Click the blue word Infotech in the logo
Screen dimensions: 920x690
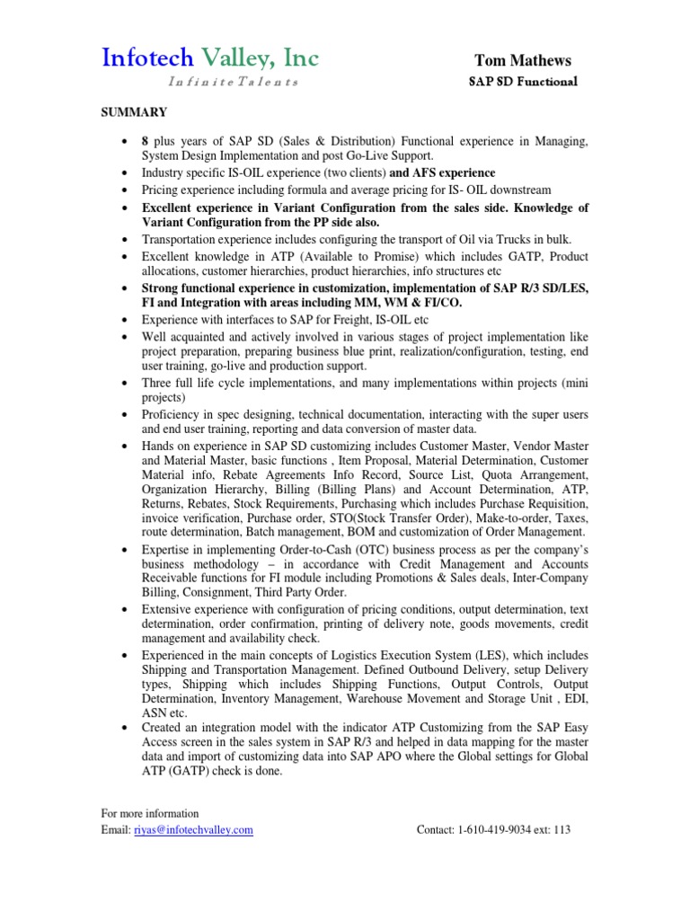(x=146, y=58)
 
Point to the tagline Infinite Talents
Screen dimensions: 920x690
(x=233, y=82)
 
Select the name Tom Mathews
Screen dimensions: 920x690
(x=523, y=61)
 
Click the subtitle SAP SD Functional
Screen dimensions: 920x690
(x=523, y=82)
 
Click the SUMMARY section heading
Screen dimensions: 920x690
(x=133, y=112)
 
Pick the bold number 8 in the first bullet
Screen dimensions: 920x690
(x=145, y=142)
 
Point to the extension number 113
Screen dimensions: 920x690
(x=562, y=830)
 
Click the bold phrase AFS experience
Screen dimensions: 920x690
(x=456, y=172)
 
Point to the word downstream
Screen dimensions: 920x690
(x=520, y=190)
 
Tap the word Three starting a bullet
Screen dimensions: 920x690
(x=159, y=383)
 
